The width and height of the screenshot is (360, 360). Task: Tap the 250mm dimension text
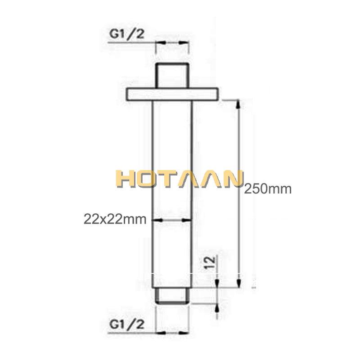pos(268,189)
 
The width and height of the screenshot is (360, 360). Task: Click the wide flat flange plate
pos(173,94)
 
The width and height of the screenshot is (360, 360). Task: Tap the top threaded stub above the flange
pos(172,76)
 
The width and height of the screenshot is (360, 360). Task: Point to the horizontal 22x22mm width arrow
pos(173,220)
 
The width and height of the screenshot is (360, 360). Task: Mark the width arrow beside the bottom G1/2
pos(172,333)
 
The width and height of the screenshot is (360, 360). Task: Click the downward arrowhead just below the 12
pos(217,283)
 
